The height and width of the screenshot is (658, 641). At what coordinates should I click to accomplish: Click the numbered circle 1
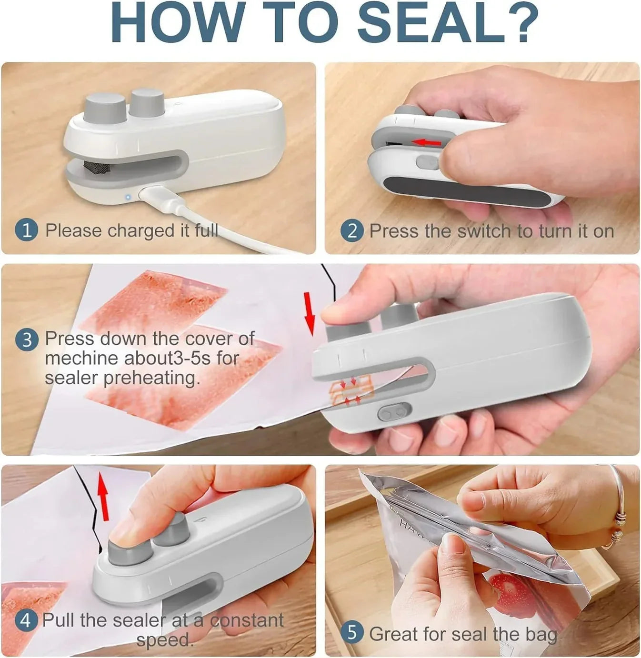tap(27, 230)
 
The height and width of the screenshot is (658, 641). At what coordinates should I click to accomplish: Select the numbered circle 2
tap(352, 231)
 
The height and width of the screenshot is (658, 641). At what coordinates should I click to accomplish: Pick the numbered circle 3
tap(27, 340)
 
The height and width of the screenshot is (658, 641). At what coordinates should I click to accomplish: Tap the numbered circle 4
tap(26, 620)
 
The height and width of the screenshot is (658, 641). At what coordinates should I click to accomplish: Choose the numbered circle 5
tap(352, 633)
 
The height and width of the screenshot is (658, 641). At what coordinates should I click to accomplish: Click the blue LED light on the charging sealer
tap(128, 197)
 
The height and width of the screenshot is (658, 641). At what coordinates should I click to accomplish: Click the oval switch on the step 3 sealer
tap(394, 411)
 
